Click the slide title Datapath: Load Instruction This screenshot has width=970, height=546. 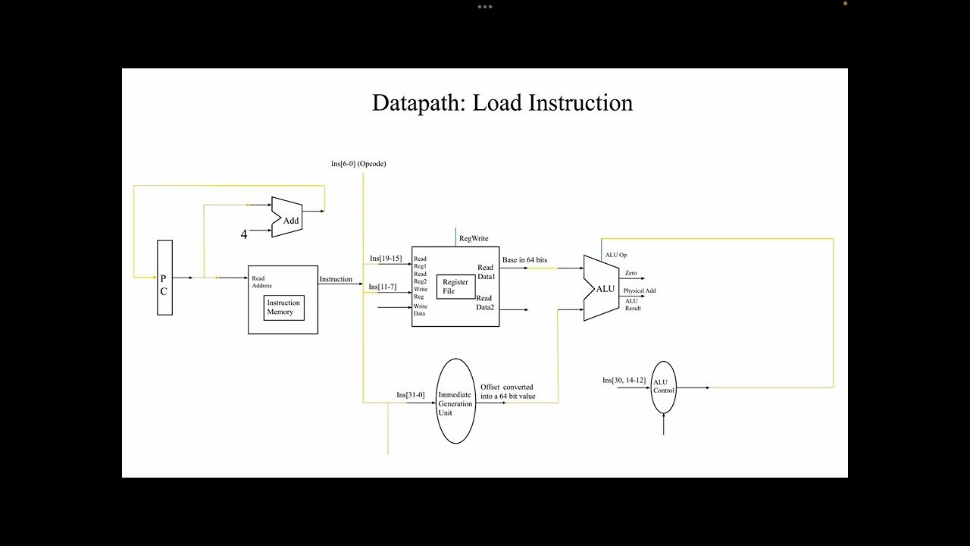pos(502,103)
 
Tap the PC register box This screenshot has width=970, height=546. pos(164,278)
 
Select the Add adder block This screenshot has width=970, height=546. pos(286,217)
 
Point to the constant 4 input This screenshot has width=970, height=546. pos(244,234)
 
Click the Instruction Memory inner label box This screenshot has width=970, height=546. pos(284,308)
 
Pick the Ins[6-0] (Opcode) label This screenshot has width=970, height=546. pos(358,164)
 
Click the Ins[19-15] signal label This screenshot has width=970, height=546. pos(386,259)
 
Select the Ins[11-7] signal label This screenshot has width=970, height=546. pos(383,287)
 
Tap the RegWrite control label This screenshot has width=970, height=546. pos(474,238)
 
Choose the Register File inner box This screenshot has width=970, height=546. pos(455,287)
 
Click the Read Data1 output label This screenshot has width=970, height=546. pos(486,272)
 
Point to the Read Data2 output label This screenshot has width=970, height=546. pos(485,303)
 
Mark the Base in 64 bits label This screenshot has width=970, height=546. pos(525,260)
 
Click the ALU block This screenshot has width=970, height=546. pos(602,288)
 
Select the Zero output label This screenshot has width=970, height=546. pos(631,273)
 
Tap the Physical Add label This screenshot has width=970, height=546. pos(640,290)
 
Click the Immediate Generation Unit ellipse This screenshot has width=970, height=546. pos(455,401)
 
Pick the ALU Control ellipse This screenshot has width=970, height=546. pos(663,388)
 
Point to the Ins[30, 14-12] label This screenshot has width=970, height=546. pos(624,381)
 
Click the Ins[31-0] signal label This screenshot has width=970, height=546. pos(411,395)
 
